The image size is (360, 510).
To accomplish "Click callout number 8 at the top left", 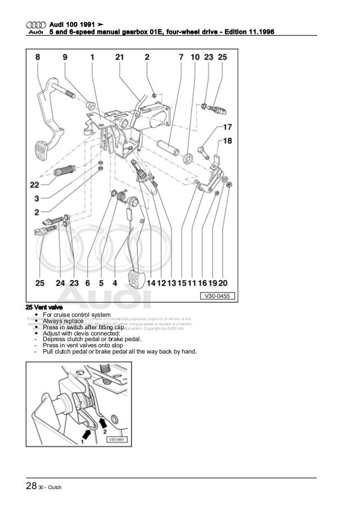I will [x=37, y=56].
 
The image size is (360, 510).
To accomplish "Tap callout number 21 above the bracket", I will [x=119, y=56].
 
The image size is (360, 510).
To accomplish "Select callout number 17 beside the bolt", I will [x=227, y=128].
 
